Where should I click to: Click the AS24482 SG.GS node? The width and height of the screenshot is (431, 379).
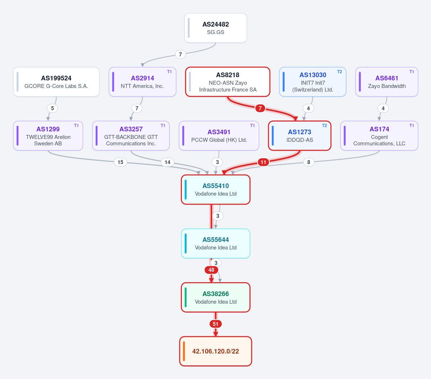[216, 28]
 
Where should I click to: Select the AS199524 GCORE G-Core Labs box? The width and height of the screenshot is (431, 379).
[56, 82]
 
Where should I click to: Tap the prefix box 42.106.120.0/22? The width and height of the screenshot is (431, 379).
[216, 351]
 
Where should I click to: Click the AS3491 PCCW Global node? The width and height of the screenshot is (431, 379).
[219, 136]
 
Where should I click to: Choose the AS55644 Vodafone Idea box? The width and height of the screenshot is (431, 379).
[216, 243]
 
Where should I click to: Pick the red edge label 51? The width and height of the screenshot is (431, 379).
[216, 324]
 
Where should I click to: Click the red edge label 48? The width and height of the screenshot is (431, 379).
[211, 270]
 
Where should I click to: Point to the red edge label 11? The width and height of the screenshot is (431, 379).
[263, 162]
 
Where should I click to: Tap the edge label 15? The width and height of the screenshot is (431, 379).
[120, 162]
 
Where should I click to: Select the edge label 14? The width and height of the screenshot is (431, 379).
[168, 162]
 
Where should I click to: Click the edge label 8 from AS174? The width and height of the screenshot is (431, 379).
[309, 162]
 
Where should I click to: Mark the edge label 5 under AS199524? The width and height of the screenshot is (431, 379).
[52, 108]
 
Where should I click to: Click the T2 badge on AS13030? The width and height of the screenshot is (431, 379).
[339, 72]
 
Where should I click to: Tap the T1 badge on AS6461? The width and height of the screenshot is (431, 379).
[412, 72]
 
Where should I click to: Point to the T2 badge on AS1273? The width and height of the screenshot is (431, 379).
[324, 125]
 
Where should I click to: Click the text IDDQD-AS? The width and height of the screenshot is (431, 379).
[299, 140]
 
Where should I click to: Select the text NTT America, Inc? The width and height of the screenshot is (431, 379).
[142, 86]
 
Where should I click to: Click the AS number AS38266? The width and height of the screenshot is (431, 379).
[216, 294]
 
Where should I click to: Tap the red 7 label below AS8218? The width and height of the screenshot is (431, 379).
[260, 108]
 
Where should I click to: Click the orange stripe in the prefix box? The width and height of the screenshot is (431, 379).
[184, 351]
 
